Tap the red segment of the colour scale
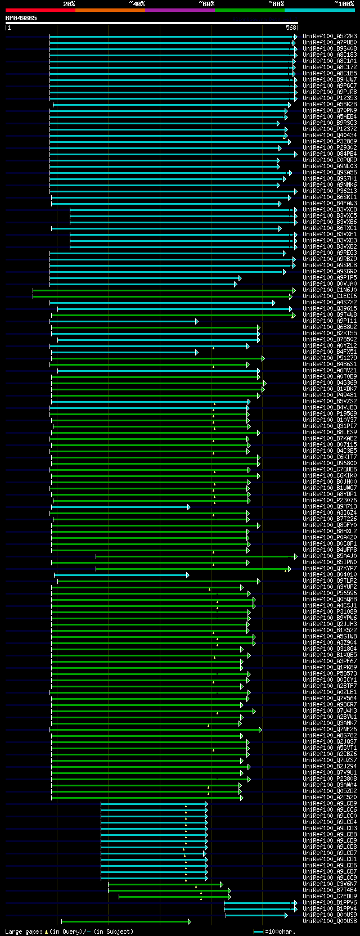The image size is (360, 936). (x=40, y=10)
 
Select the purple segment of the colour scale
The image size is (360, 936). (x=179, y=10)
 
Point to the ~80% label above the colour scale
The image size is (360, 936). (x=276, y=4)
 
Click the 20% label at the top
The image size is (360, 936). (x=69, y=4)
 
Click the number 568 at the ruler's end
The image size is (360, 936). (x=291, y=28)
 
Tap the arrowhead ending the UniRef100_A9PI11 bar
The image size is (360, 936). (x=196, y=321)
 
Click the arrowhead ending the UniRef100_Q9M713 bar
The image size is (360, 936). (x=189, y=507)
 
